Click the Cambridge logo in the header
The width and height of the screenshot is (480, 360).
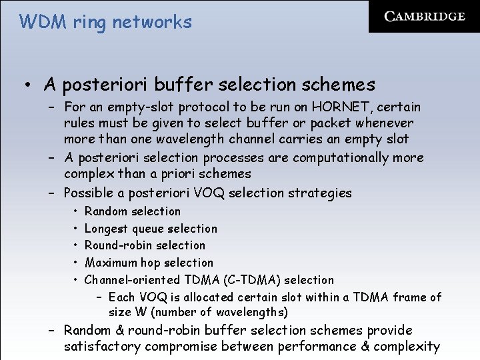coord(424,17)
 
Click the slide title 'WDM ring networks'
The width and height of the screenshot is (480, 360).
coord(105,22)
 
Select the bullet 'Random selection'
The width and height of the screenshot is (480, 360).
coord(133,211)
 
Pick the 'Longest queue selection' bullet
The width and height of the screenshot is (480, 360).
coord(151,229)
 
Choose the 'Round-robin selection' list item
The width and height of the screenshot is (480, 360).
coord(145,245)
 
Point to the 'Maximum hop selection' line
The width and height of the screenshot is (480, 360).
coord(149,263)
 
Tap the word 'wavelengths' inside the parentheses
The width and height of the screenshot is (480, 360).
coord(251,312)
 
